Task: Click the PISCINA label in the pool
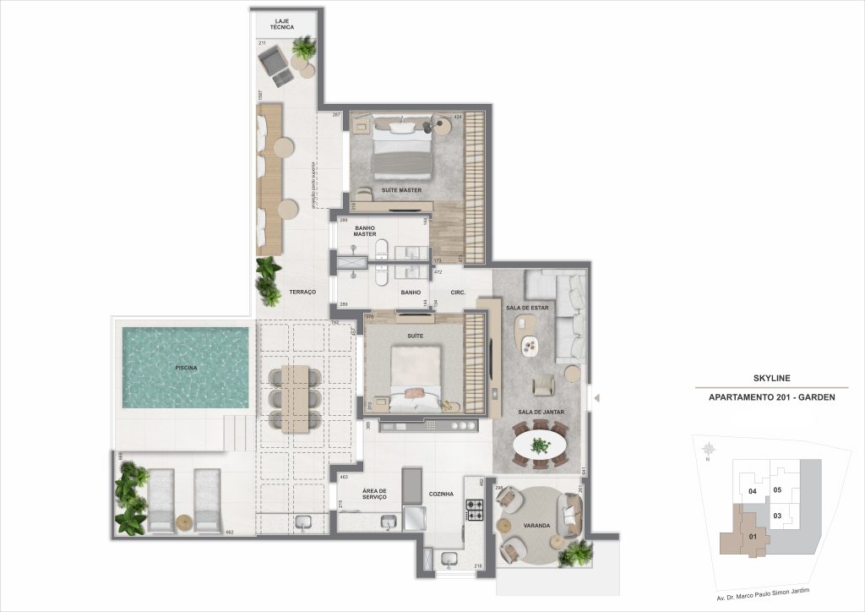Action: click(x=186, y=368)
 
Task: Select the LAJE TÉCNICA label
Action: click(x=283, y=23)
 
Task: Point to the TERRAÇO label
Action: click(x=302, y=292)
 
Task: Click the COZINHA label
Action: click(x=442, y=493)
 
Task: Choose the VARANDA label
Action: click(x=537, y=526)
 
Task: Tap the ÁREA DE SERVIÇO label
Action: click(x=374, y=494)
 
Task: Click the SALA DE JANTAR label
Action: click(x=541, y=412)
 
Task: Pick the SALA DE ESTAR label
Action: click(x=527, y=308)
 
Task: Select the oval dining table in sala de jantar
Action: click(x=541, y=445)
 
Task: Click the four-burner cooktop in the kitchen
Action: click(x=475, y=510)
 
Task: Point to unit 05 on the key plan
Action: click(x=778, y=489)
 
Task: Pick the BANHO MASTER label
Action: click(x=364, y=230)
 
